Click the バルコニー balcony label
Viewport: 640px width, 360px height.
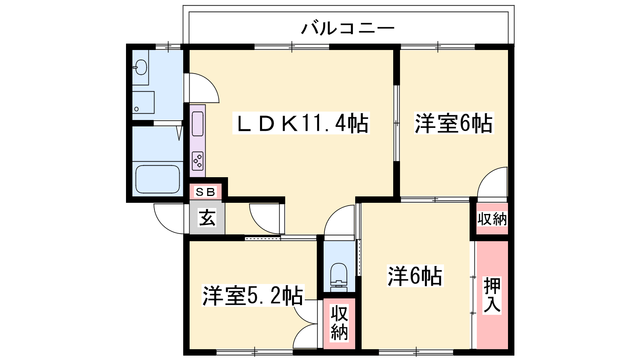pyautogui.click(x=348, y=28)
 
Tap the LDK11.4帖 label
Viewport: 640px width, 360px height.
pyautogui.click(x=302, y=123)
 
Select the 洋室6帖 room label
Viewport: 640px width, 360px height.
pyautogui.click(x=454, y=123)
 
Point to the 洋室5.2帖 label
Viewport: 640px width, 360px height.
pyautogui.click(x=252, y=295)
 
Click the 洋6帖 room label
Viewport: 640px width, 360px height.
pyautogui.click(x=415, y=276)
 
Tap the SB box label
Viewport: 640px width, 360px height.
pyautogui.click(x=206, y=192)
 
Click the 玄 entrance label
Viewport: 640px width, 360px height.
pyautogui.click(x=207, y=218)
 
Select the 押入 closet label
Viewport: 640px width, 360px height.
pyautogui.click(x=492, y=295)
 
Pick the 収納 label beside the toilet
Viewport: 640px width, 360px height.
pyautogui.click(x=339, y=323)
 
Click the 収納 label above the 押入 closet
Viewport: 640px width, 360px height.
pyautogui.click(x=492, y=219)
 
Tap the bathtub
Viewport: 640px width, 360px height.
pyautogui.click(x=158, y=179)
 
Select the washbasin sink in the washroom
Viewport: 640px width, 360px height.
pyautogui.click(x=140, y=68)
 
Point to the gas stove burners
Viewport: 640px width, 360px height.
pyautogui.click(x=198, y=161)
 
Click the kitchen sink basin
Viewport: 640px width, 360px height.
pyautogui.click(x=198, y=124)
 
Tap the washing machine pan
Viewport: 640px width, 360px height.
pyautogui.click(x=143, y=102)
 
